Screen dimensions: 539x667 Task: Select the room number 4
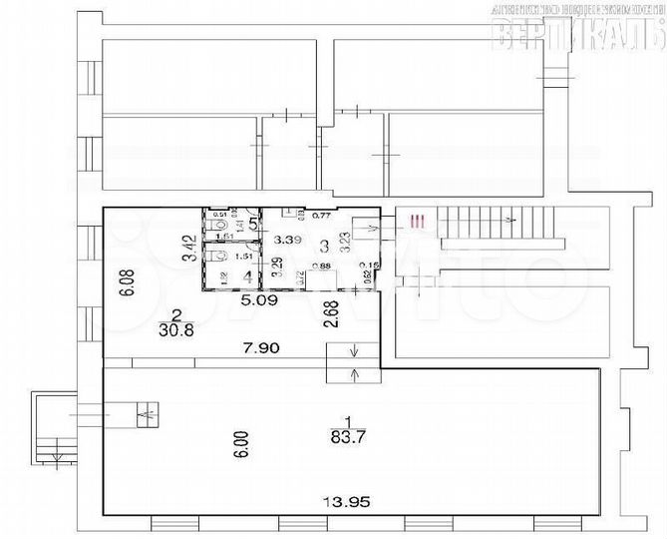tap(247, 276)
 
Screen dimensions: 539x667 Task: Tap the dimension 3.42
tap(185, 248)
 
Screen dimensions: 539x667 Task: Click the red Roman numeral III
tap(421, 221)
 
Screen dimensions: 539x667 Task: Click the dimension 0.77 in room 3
tap(321, 215)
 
